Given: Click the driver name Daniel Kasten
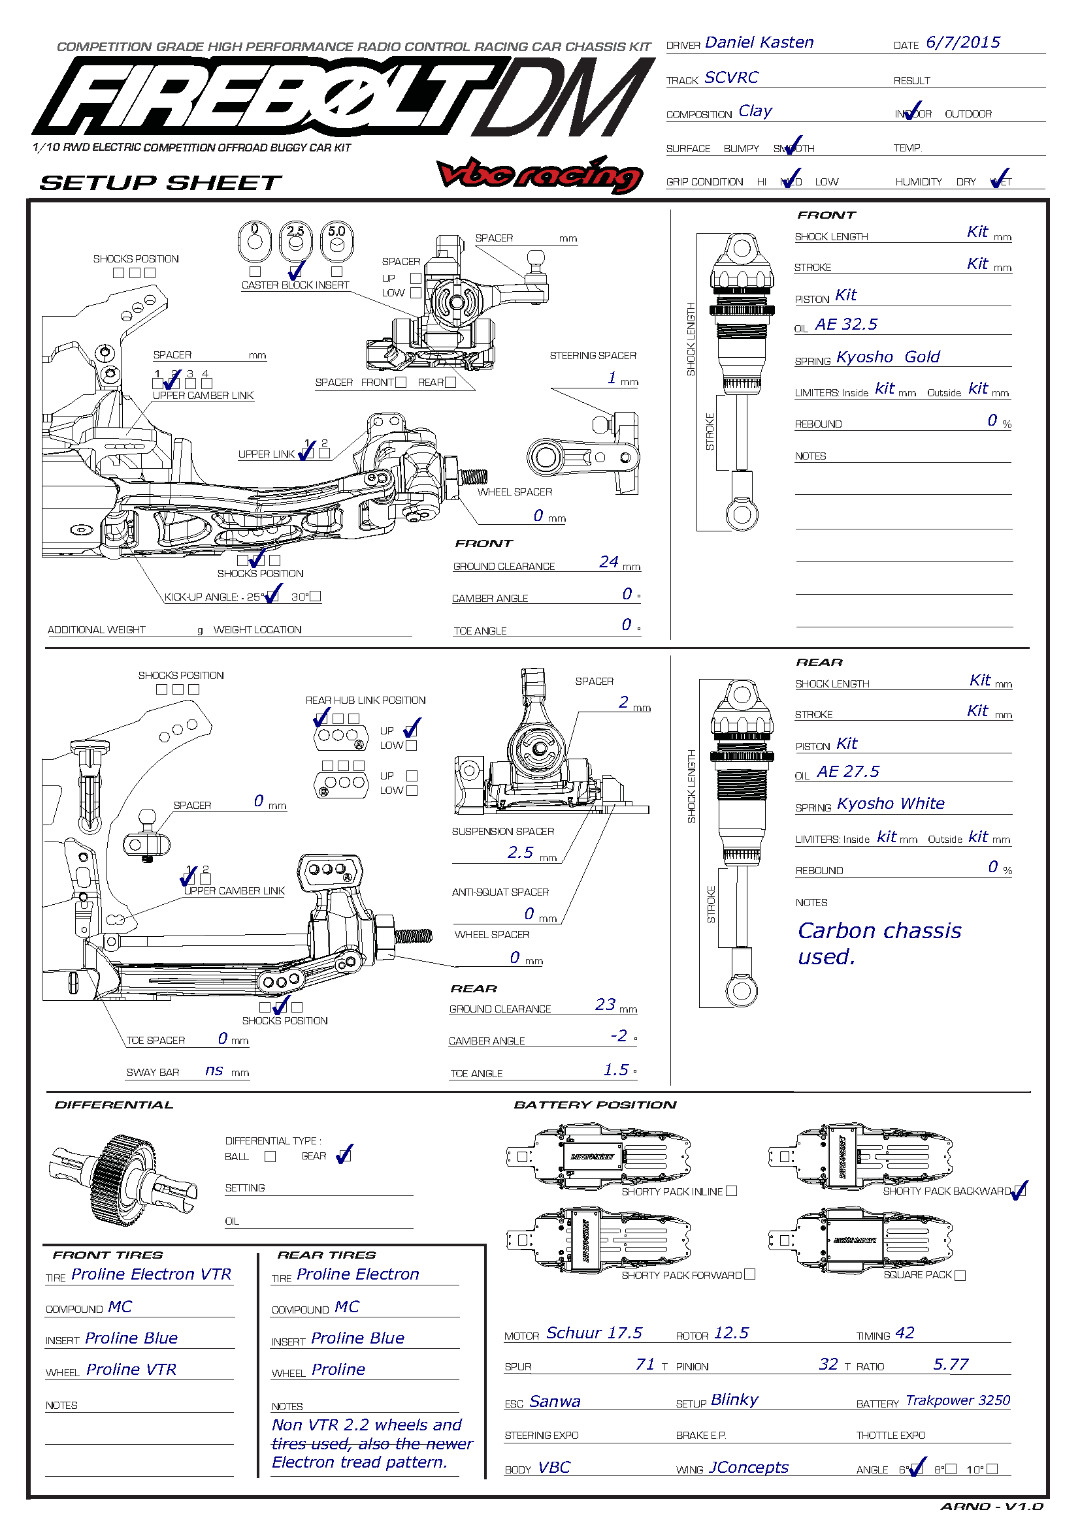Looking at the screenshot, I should click(759, 42).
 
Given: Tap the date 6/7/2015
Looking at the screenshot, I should click(962, 42).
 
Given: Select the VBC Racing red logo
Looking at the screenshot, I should click(539, 175).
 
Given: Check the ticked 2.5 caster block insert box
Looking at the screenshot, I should click(295, 272).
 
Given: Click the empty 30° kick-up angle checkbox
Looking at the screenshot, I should click(316, 596).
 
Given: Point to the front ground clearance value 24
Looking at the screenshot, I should click(608, 562).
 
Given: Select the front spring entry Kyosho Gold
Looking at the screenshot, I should click(888, 357).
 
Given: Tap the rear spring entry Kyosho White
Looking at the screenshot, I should click(891, 804).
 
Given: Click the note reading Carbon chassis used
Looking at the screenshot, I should click(878, 943).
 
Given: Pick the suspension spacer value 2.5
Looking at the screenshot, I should click(519, 853).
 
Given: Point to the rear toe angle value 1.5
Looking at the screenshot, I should click(615, 1070).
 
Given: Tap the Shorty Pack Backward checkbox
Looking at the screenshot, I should click(1021, 1191).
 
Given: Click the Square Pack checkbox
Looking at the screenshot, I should click(960, 1275).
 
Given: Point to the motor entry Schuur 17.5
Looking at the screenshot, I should click(593, 1333).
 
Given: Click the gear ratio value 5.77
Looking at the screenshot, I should click(950, 1364).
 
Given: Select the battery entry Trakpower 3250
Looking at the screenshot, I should click(958, 1400).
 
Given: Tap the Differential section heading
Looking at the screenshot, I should click(114, 1105).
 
